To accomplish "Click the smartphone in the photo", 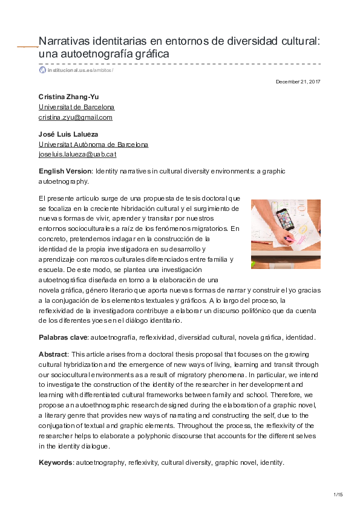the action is [284, 219].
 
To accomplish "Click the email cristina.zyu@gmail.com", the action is [76, 117].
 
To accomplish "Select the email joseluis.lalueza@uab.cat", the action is [77, 154].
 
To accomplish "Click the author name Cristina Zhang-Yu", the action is [69, 97].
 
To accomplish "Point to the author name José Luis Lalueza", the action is [68, 134].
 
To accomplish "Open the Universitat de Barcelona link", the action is [76, 107].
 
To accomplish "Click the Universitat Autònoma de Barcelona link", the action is [93, 144].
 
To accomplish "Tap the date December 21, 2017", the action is [298, 81].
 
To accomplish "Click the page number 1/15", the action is [338, 495].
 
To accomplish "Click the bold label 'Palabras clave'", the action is [63, 337].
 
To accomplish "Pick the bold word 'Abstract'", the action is [53, 354].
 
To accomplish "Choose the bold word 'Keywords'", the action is [55, 462].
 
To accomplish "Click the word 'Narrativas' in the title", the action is [66, 41].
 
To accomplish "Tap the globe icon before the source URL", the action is [42, 70].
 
